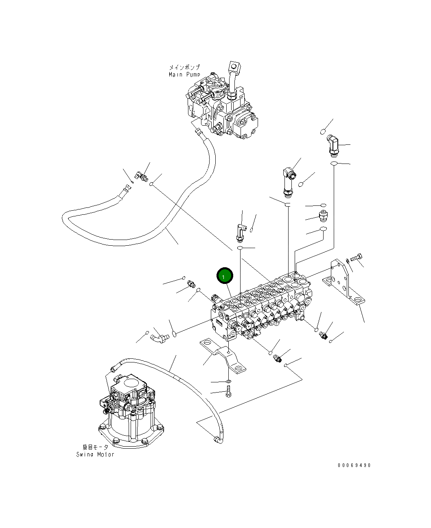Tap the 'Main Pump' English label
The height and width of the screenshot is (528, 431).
(x=184, y=75)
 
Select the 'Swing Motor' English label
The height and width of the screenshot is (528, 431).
(x=95, y=454)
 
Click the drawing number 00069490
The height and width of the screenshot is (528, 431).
(x=354, y=465)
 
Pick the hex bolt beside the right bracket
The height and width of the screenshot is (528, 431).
(x=357, y=257)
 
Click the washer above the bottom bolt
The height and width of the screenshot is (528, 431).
(x=228, y=382)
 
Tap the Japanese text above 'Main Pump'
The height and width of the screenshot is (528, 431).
(x=184, y=67)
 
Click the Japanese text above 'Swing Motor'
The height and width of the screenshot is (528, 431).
(x=95, y=447)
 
